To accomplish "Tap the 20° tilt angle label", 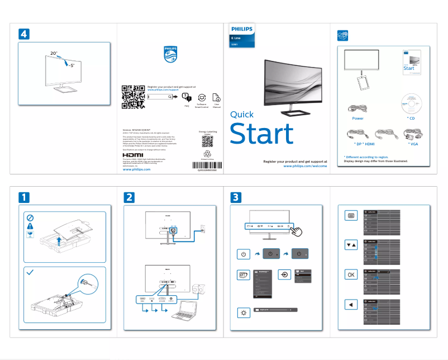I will [x=54, y=53].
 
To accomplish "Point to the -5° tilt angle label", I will [x=71, y=65].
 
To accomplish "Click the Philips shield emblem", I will [x=170, y=54].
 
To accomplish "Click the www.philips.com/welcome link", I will [x=305, y=166].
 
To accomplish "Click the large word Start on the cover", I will [x=261, y=134].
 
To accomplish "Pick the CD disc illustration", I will [x=411, y=103].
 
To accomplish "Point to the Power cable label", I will [x=358, y=119].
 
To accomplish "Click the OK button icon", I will [x=350, y=274].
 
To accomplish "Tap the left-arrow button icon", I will [x=350, y=305].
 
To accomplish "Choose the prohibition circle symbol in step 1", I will [x=31, y=217].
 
